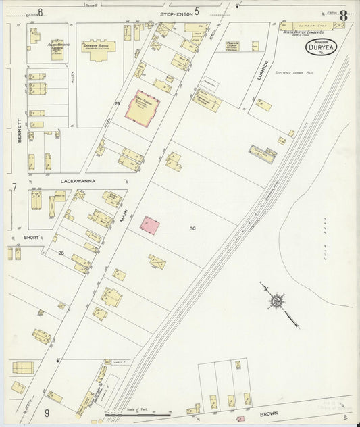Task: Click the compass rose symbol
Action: point(276,299)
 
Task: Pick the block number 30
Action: point(192,228)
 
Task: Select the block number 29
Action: point(117,103)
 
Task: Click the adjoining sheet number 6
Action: point(41,12)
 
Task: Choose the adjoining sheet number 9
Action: point(47,412)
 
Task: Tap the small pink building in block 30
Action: point(149,225)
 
